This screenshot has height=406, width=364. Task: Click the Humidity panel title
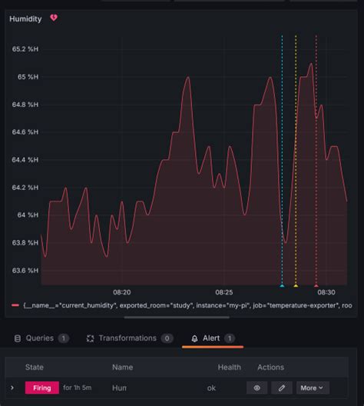pyautogui.click(x=25, y=18)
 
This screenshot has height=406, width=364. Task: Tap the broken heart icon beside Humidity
pyautogui.click(x=54, y=18)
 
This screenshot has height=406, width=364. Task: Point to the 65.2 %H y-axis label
pyautogui.click(x=25, y=49)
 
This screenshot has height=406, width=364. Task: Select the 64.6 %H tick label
pyautogui.click(x=25, y=132)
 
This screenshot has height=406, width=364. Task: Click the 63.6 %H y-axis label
pyautogui.click(x=25, y=271)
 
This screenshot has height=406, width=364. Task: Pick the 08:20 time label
pyautogui.click(x=121, y=293)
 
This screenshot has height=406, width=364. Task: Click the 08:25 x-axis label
pyautogui.click(x=224, y=293)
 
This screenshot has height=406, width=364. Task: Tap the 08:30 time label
pyautogui.click(x=326, y=293)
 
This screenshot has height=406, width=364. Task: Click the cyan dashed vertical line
pyautogui.click(x=282, y=154)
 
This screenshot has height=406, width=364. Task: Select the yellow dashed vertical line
pyautogui.click(x=296, y=154)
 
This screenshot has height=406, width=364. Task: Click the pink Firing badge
pyautogui.click(x=42, y=388)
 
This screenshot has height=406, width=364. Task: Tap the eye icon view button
pyautogui.click(x=256, y=388)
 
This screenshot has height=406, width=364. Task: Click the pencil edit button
pyautogui.click(x=281, y=388)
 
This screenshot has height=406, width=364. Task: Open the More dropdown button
pyautogui.click(x=312, y=388)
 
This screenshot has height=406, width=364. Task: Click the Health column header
pyautogui.click(x=229, y=368)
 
